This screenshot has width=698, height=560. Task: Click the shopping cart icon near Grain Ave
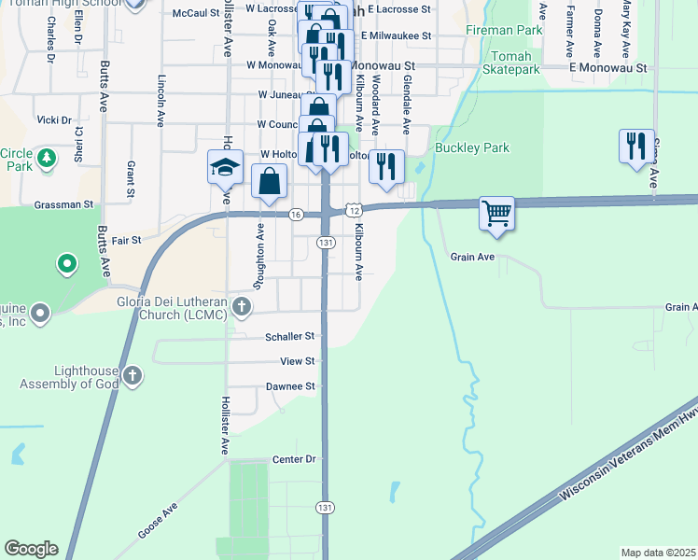click(496, 212)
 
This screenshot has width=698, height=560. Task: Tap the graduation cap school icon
click(225, 167)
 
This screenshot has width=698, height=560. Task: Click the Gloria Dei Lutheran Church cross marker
click(242, 306)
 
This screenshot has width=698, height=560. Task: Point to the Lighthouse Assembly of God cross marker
click(133, 376)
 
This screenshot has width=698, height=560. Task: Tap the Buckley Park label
click(471, 147)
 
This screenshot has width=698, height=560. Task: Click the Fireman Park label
click(504, 31)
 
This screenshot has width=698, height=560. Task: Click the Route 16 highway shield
click(295, 214)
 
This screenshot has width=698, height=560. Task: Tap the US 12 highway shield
click(353, 213)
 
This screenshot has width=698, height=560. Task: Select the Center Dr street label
click(295, 459)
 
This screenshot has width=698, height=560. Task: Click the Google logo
click(31, 549)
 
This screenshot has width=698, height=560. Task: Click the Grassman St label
click(63, 203)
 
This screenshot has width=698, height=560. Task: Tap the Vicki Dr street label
click(53, 119)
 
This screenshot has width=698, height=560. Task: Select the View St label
click(299, 360)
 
